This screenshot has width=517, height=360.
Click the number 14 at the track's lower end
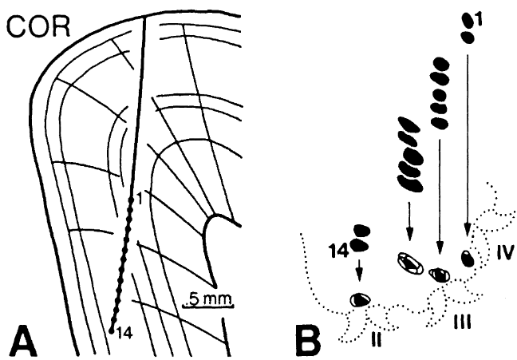122,332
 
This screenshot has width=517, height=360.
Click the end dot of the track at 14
111,327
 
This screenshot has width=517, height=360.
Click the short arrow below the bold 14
360,270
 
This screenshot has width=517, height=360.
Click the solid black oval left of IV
468,258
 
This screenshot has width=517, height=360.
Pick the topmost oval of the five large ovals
408,125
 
